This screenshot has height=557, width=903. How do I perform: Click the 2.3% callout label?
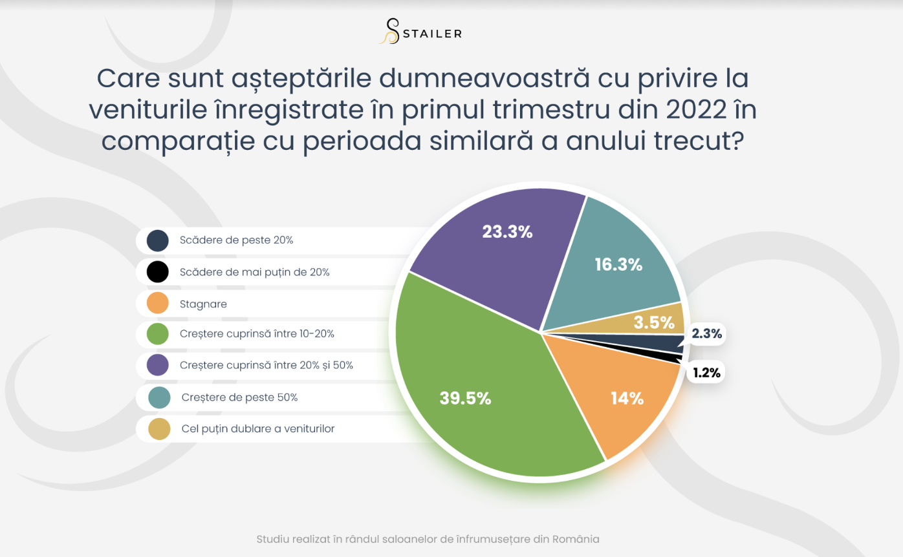pyautogui.click(x=706, y=334)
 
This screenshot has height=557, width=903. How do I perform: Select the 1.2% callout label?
pyautogui.click(x=706, y=373)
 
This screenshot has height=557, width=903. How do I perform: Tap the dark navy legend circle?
pyautogui.click(x=158, y=240)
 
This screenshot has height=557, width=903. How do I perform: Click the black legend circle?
pyautogui.click(x=158, y=272)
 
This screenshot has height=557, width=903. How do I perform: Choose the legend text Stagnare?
pyautogui.click(x=203, y=304)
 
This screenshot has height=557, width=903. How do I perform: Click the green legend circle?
pyautogui.click(x=158, y=334)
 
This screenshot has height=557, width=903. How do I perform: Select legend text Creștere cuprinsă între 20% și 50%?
pyautogui.click(x=267, y=365)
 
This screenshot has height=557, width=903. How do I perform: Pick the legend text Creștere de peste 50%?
pyautogui.click(x=239, y=397)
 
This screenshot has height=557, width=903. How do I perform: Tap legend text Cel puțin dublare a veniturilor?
pyautogui.click(x=258, y=428)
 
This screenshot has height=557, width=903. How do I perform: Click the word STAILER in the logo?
pyautogui.click(x=432, y=34)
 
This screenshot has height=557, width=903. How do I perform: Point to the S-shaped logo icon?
pyautogui.click(x=390, y=31)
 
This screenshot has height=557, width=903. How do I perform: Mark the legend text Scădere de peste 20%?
pyautogui.click(x=236, y=240)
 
